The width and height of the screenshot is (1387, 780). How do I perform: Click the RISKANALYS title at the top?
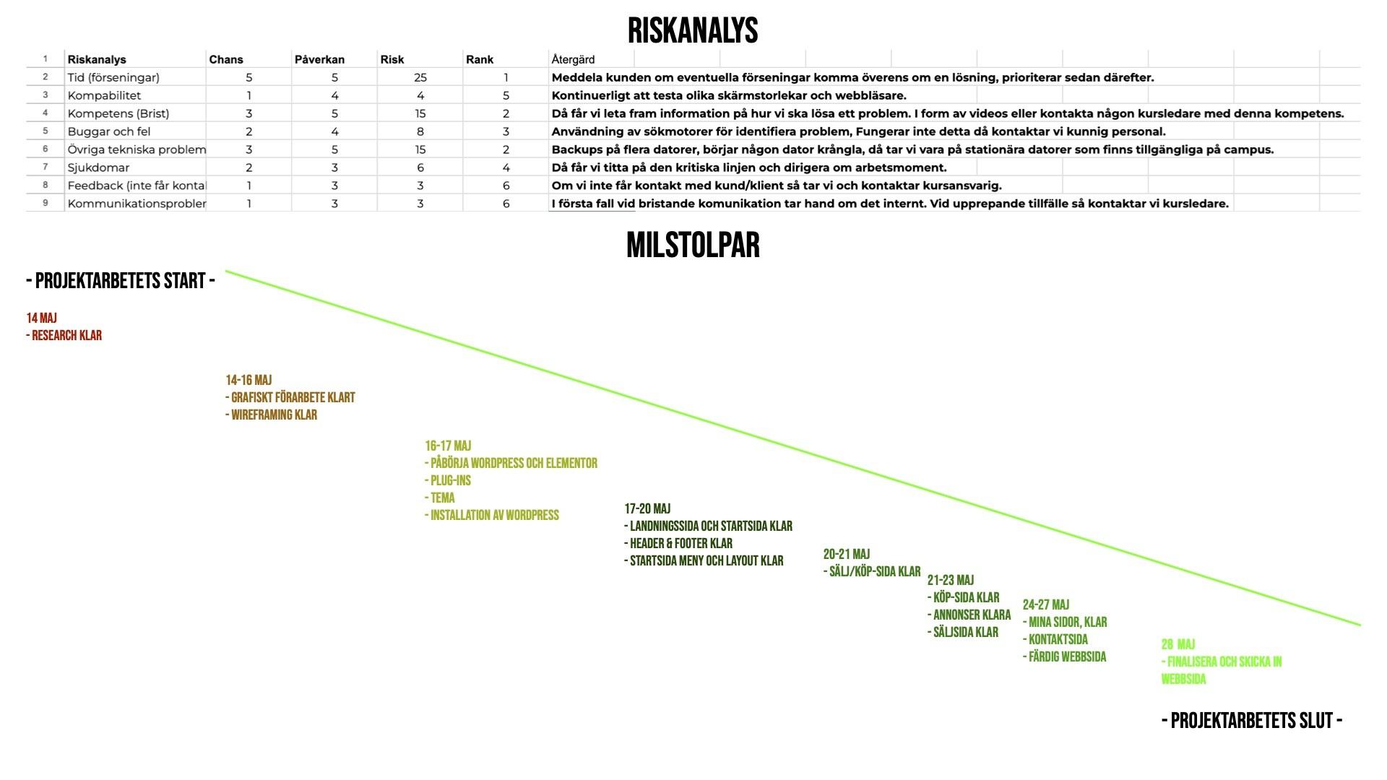tap(692, 31)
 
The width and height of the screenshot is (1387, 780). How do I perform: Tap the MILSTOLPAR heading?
tap(692, 246)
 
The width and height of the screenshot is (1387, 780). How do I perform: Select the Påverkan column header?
tap(319, 60)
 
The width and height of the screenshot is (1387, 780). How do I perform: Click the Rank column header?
tap(480, 60)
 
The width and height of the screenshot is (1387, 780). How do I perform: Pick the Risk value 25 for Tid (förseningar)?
tap(420, 77)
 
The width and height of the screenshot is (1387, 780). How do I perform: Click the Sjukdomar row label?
tap(98, 168)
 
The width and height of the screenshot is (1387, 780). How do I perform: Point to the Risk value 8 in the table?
tap(420, 131)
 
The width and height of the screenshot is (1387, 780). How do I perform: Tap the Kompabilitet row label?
tap(104, 95)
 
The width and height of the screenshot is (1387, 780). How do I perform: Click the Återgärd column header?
tap(573, 60)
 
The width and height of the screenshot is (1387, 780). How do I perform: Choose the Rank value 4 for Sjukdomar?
tap(506, 168)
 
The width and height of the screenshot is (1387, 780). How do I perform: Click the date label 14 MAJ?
tap(42, 318)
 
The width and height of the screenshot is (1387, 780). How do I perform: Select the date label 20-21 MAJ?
tap(847, 555)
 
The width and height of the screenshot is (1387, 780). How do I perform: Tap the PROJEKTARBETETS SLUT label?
tap(1252, 721)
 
